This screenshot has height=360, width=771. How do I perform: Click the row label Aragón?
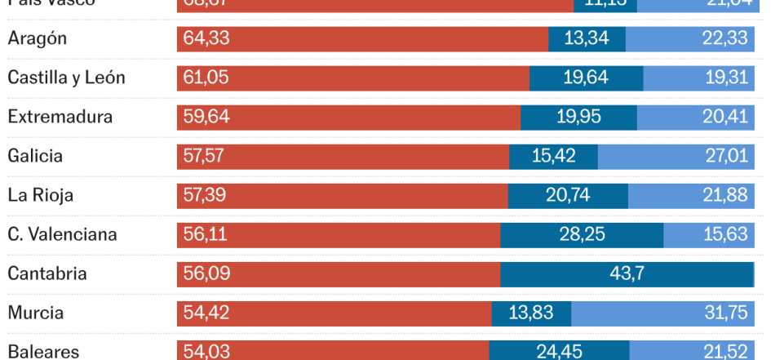pyautogui.click(x=38, y=39)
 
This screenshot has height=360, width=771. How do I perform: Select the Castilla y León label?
pyautogui.click(x=66, y=78)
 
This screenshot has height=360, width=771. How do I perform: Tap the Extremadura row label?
pyautogui.click(x=60, y=118)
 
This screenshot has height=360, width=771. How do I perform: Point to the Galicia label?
pyautogui.click(x=35, y=156)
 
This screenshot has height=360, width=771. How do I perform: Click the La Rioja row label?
pyautogui.click(x=41, y=195)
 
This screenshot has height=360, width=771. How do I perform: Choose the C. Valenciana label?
pyautogui.click(x=63, y=234)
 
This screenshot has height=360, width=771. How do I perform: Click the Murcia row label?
pyautogui.click(x=36, y=313)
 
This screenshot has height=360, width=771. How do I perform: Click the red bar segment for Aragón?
pyautogui.click(x=362, y=39)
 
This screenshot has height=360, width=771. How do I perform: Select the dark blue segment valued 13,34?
pyautogui.click(x=587, y=39)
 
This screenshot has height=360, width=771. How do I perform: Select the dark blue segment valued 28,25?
pyautogui.click(x=582, y=234)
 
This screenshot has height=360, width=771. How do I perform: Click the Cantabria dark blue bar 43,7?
pyautogui.click(x=627, y=273)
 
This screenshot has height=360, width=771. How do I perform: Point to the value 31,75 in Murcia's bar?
pyautogui.click(x=725, y=313)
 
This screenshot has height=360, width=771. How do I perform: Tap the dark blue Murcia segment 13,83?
pyautogui.click(x=531, y=313)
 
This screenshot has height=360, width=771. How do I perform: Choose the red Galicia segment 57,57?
pyautogui.click(x=343, y=156)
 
